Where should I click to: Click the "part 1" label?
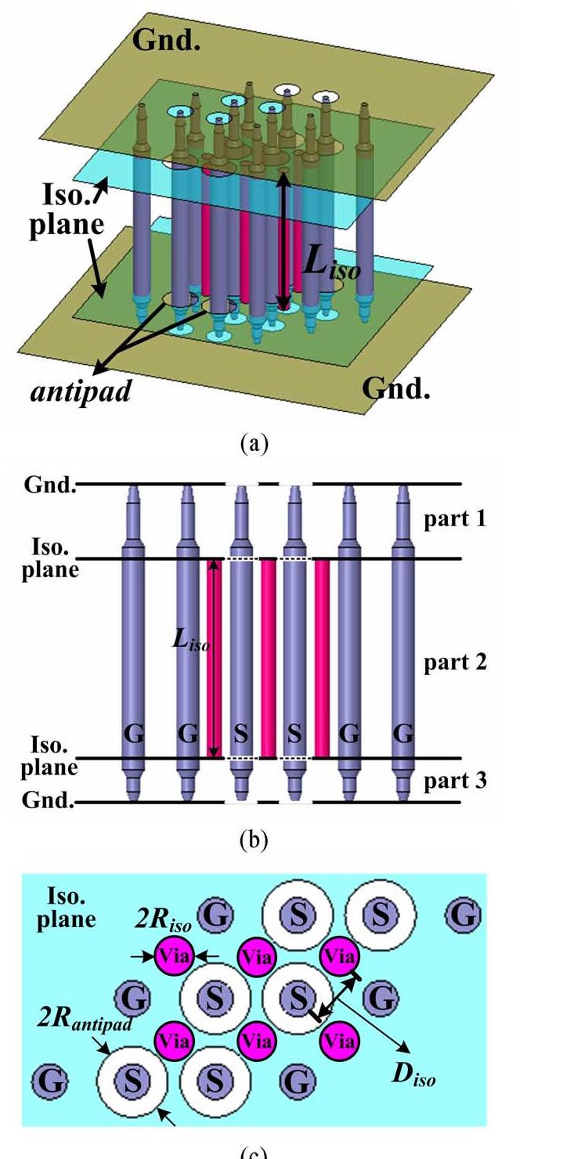coord(455,519)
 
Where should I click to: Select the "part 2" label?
coord(455,663)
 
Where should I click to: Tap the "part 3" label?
coord(455,780)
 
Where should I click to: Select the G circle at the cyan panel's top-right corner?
coord(464,915)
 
